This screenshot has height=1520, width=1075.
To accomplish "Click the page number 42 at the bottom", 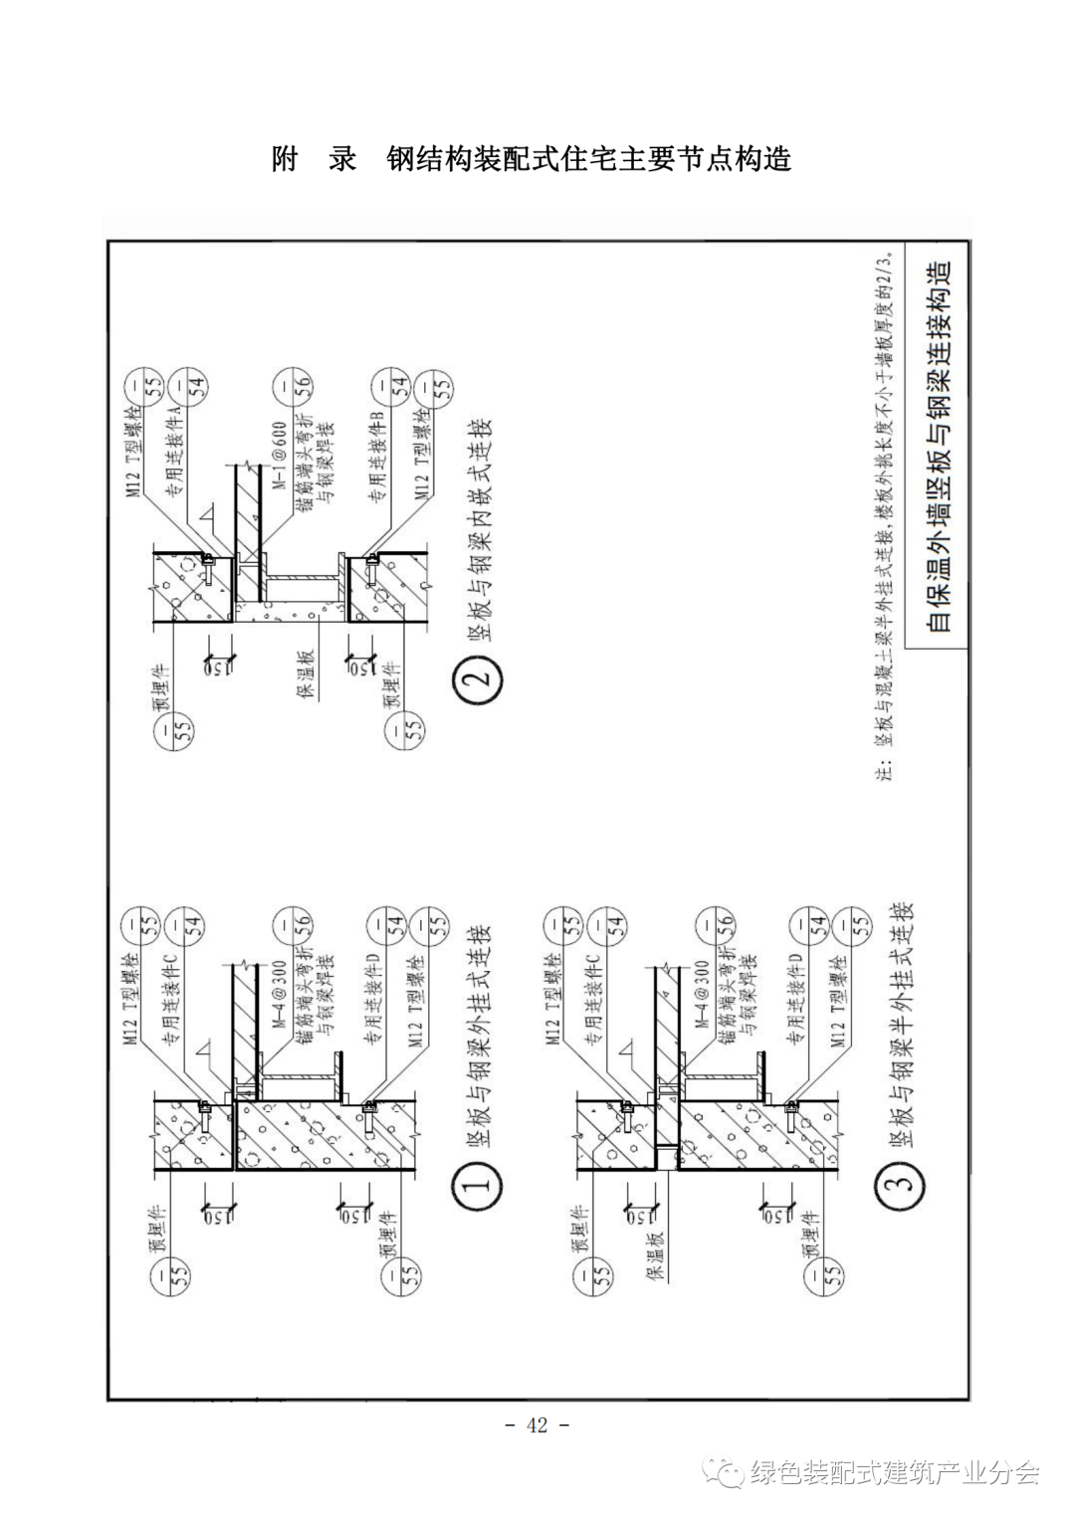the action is (537, 1425).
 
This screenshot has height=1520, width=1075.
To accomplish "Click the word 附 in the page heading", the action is (285, 159).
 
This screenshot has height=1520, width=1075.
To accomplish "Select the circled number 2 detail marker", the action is (478, 681).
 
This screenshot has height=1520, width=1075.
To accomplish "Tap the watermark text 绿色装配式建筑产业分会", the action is (895, 1472).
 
